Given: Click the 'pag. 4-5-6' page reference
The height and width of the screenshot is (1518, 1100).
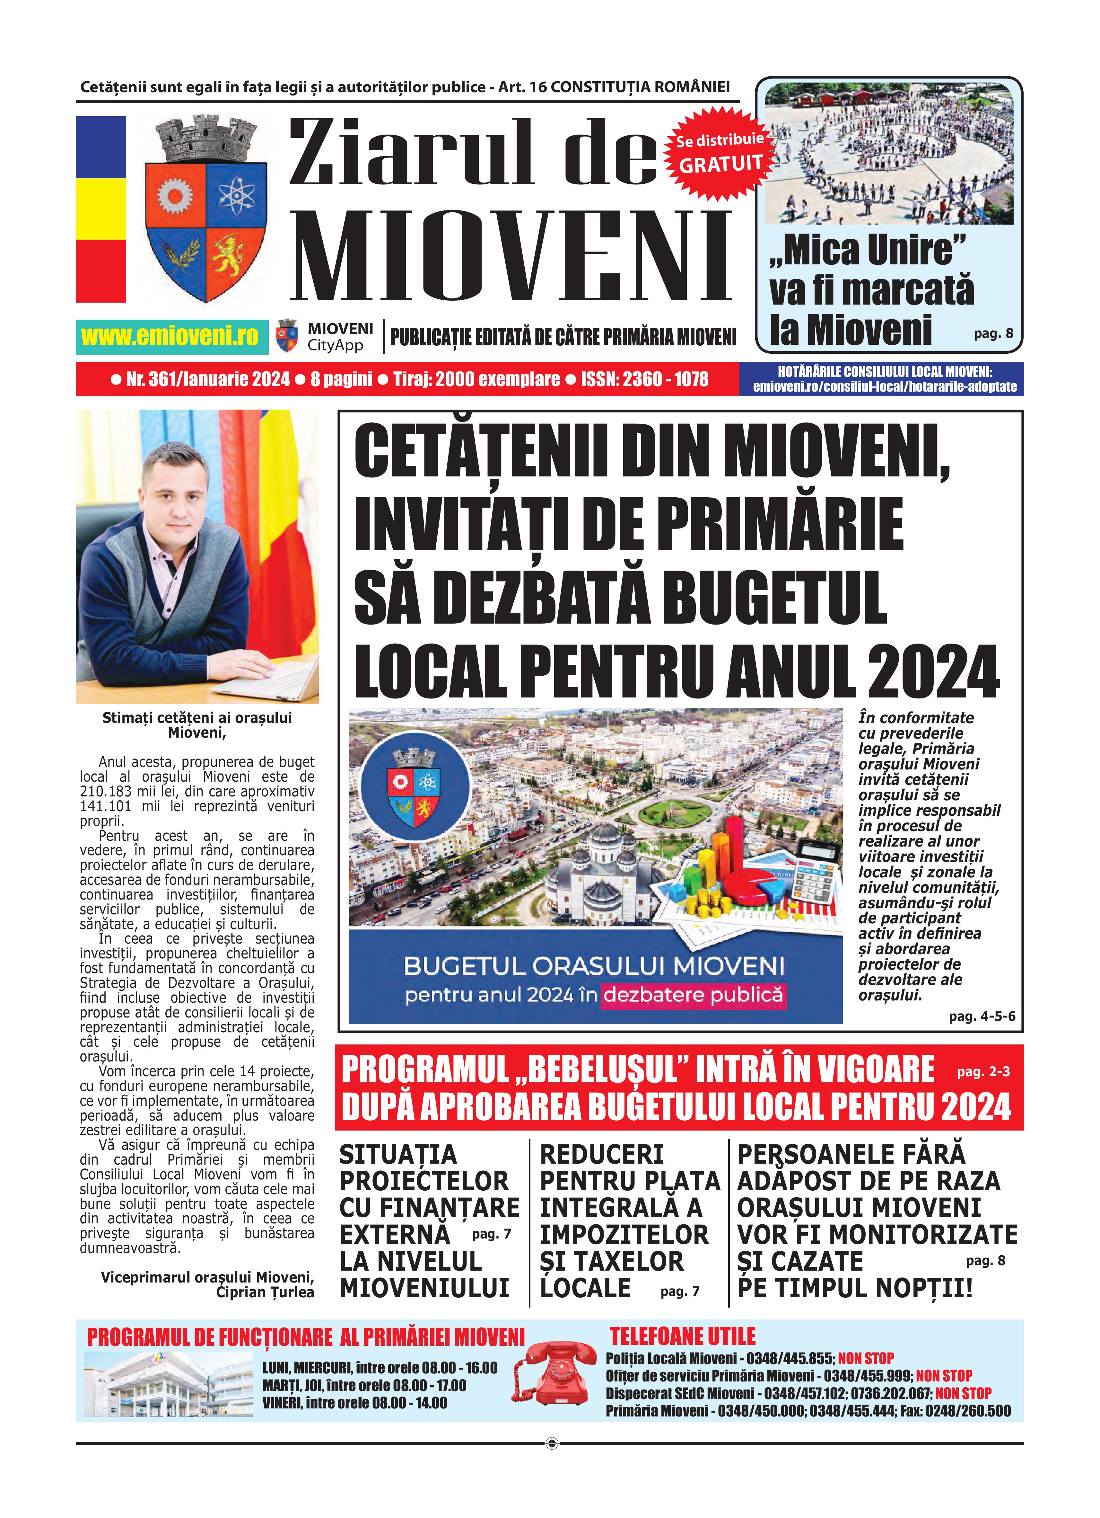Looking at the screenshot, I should pyautogui.click(x=982, y=1016).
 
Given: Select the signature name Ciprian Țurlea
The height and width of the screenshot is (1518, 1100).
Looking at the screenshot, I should pyautogui.click(x=265, y=1292).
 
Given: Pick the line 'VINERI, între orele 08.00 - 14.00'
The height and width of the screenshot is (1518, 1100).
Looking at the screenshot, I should pyautogui.click(x=354, y=1403).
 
